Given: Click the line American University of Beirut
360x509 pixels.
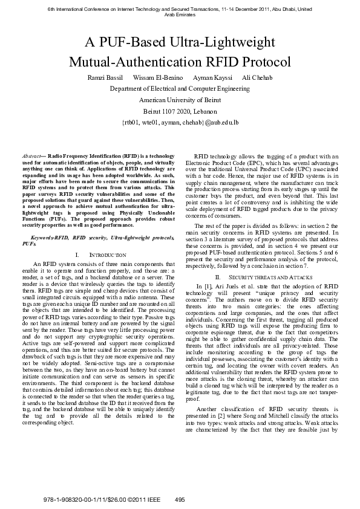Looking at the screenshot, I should (x=180, y=100).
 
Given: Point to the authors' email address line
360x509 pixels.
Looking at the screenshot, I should (x=180, y=122).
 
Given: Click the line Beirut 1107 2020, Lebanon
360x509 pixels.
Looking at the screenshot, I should (x=180, y=111).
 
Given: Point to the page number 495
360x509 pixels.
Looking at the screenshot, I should (x=180, y=499).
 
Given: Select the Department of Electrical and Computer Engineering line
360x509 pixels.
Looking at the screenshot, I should (x=180, y=89).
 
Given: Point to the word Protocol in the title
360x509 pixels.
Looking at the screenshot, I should (x=263, y=62).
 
